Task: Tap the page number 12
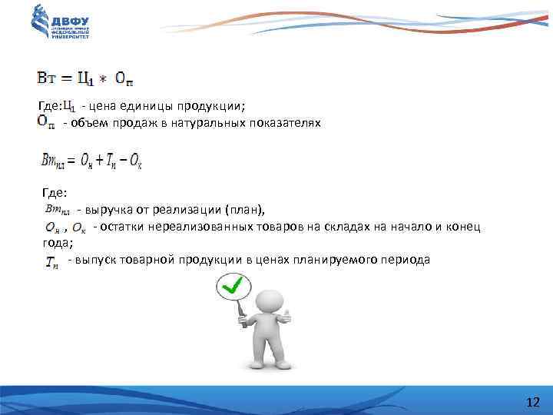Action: point(533,403)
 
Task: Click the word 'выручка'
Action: point(109,209)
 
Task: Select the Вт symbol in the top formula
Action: point(48,78)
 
